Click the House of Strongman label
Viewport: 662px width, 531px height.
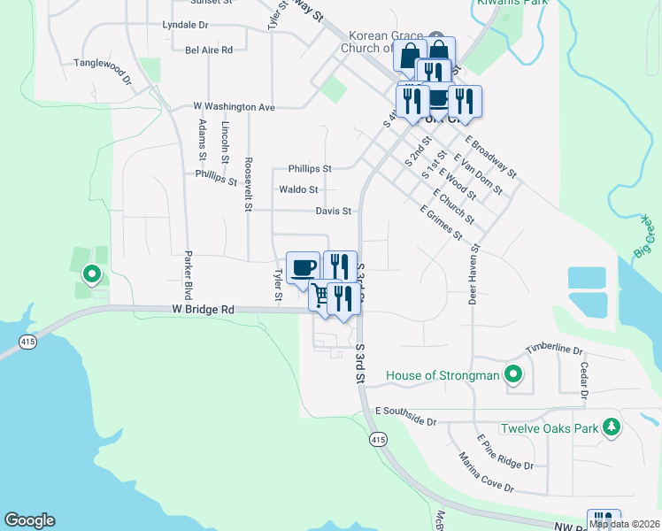point(443,376)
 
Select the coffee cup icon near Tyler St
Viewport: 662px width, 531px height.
point(304,267)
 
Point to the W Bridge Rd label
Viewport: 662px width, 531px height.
point(204,310)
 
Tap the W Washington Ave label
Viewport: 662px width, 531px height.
point(235,106)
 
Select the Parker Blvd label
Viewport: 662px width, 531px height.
point(188,275)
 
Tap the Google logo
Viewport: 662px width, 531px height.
point(29,520)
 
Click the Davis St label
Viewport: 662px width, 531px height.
point(334,211)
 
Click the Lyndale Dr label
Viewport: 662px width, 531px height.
point(185,26)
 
